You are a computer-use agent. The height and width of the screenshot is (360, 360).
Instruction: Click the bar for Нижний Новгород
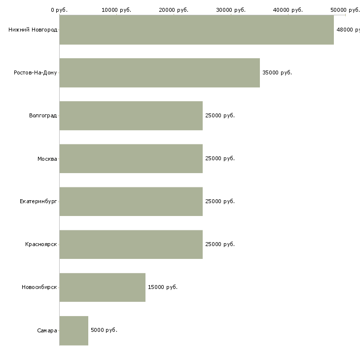197,30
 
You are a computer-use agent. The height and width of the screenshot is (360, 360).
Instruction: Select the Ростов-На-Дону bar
160,73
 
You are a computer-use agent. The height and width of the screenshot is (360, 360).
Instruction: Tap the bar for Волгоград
131,116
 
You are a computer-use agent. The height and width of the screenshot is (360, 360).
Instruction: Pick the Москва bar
131,159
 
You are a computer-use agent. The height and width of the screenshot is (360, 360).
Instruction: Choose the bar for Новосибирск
103,288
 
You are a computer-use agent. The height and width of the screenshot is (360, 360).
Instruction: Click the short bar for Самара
73,330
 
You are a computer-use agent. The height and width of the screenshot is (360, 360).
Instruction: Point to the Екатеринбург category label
38,202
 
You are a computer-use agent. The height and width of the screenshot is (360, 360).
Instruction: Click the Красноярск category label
41,244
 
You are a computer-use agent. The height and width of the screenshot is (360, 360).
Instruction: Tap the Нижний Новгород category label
33,30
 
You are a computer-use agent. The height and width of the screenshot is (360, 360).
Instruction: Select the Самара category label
47,330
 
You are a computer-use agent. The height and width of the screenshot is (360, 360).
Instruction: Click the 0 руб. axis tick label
59,10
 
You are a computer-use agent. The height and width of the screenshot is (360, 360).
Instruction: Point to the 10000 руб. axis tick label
116,10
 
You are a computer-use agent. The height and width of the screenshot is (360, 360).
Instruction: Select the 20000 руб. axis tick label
174,10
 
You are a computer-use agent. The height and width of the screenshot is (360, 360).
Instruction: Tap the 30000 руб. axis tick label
231,10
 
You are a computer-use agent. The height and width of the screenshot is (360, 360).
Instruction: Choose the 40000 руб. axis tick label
288,10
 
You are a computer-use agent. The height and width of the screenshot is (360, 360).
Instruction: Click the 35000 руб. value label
277,72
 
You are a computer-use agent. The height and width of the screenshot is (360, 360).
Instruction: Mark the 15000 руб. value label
163,287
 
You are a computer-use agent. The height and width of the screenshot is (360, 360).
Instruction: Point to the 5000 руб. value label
104,330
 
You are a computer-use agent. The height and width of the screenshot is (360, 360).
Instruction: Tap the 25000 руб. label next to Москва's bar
220,158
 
